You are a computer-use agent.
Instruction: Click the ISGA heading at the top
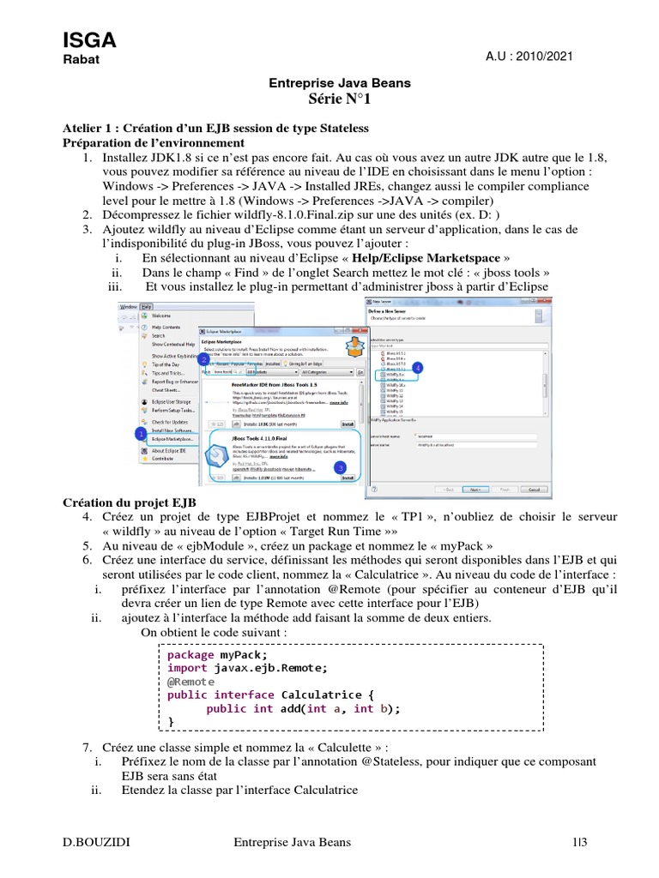[x=89, y=39]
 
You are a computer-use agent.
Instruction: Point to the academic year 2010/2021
[x=529, y=56]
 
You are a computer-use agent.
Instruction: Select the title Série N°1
[x=341, y=100]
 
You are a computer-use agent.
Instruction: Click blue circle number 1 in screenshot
[x=139, y=435]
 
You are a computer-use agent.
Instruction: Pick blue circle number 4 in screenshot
[x=418, y=367]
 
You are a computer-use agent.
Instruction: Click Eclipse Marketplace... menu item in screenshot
[x=173, y=439]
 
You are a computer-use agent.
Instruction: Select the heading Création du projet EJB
[x=130, y=502]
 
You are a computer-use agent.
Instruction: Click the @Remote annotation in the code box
[x=191, y=681]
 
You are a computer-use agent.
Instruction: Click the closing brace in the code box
[x=170, y=722]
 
